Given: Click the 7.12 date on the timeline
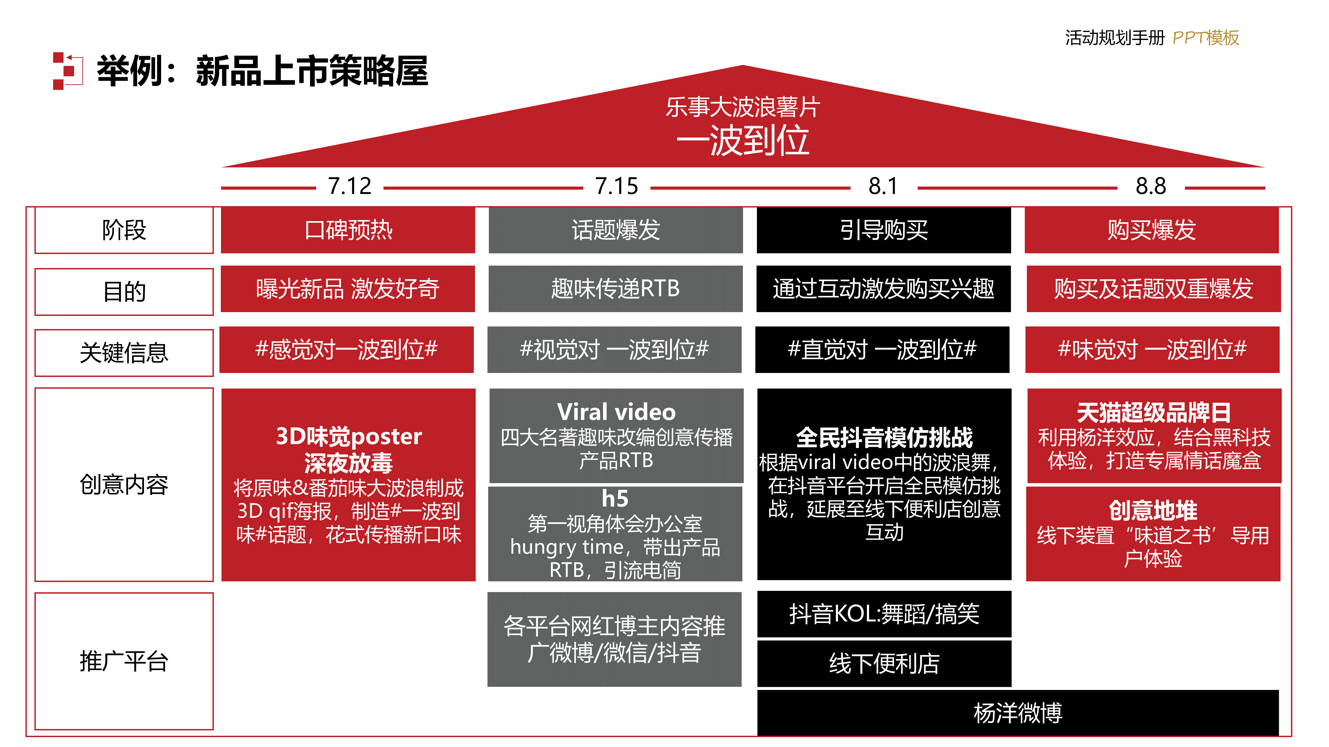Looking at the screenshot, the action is click(x=350, y=186).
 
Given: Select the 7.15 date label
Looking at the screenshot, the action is click(x=617, y=186).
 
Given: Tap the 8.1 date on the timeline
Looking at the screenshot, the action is click(x=883, y=186).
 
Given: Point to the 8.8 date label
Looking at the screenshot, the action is click(x=1150, y=186).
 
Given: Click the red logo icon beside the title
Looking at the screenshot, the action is click(x=68, y=71).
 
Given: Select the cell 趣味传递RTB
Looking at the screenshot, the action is click(x=616, y=289).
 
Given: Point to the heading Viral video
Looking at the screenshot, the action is click(x=616, y=412).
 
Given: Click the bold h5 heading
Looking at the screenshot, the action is click(x=615, y=499).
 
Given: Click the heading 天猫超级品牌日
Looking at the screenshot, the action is click(x=1154, y=412).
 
